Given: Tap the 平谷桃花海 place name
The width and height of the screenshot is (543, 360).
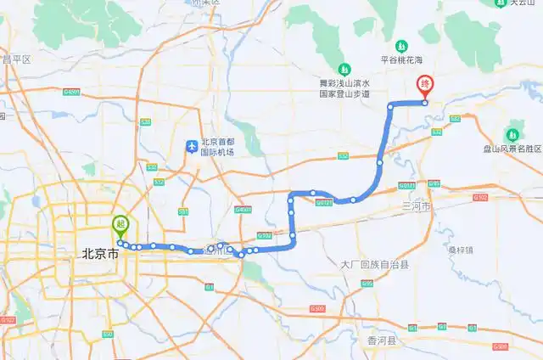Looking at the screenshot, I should [x=401, y=59].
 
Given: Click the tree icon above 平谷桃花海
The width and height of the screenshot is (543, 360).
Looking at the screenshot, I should [x=401, y=45].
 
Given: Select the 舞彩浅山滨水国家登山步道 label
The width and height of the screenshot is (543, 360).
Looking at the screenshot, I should [x=344, y=89].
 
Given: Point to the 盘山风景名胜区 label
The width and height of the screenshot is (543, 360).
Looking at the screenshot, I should [x=512, y=149].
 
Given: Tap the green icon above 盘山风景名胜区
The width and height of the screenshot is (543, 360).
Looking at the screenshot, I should [x=512, y=134].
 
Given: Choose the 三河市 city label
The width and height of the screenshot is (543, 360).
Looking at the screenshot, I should [x=417, y=206].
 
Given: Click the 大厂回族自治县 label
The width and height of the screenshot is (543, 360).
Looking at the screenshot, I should [x=374, y=265].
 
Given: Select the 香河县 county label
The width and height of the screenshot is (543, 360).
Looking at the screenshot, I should [x=382, y=340].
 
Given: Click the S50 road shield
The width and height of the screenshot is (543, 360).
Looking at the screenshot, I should [x=108, y=335].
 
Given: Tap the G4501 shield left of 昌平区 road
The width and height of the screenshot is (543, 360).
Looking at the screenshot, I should [x=71, y=92].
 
